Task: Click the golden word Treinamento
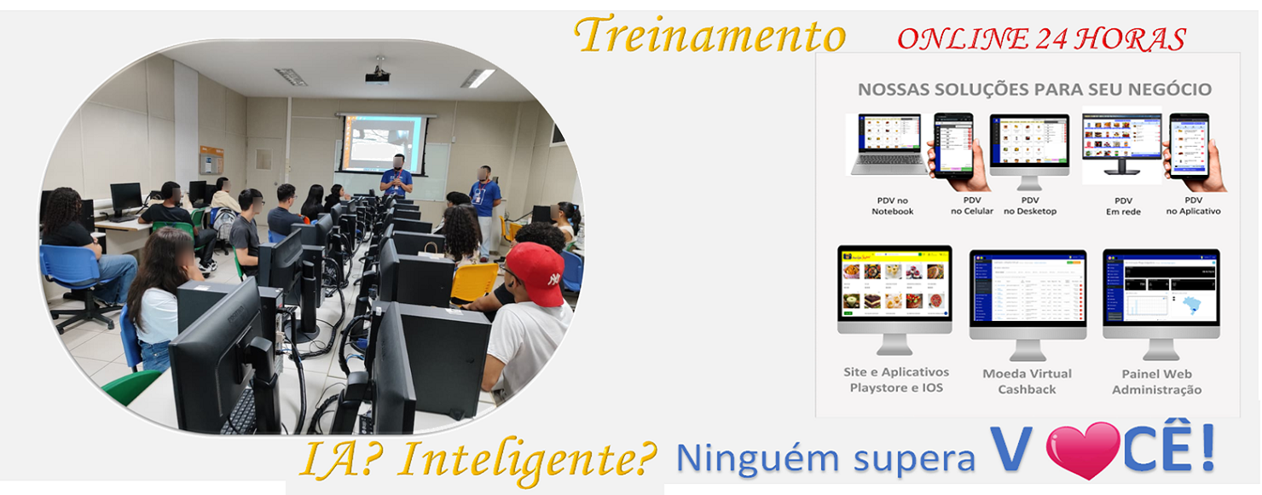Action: pos(709,36)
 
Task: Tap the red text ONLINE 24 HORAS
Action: pos(1041,38)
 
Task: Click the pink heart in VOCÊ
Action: pos(1082,450)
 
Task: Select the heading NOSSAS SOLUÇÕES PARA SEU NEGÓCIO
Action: pos(1034,90)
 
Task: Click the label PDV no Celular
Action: pos(971,205)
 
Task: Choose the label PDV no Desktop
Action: pos(1029,205)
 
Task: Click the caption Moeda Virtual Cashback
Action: pos(1027,381)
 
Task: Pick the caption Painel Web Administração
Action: pos(1156,381)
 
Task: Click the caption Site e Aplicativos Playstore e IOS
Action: pos(895,381)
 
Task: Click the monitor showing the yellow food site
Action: pos(894,290)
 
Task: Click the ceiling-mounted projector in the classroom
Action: pos(377,77)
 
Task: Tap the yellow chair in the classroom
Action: pos(475,282)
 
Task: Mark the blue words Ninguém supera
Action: pos(825,458)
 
